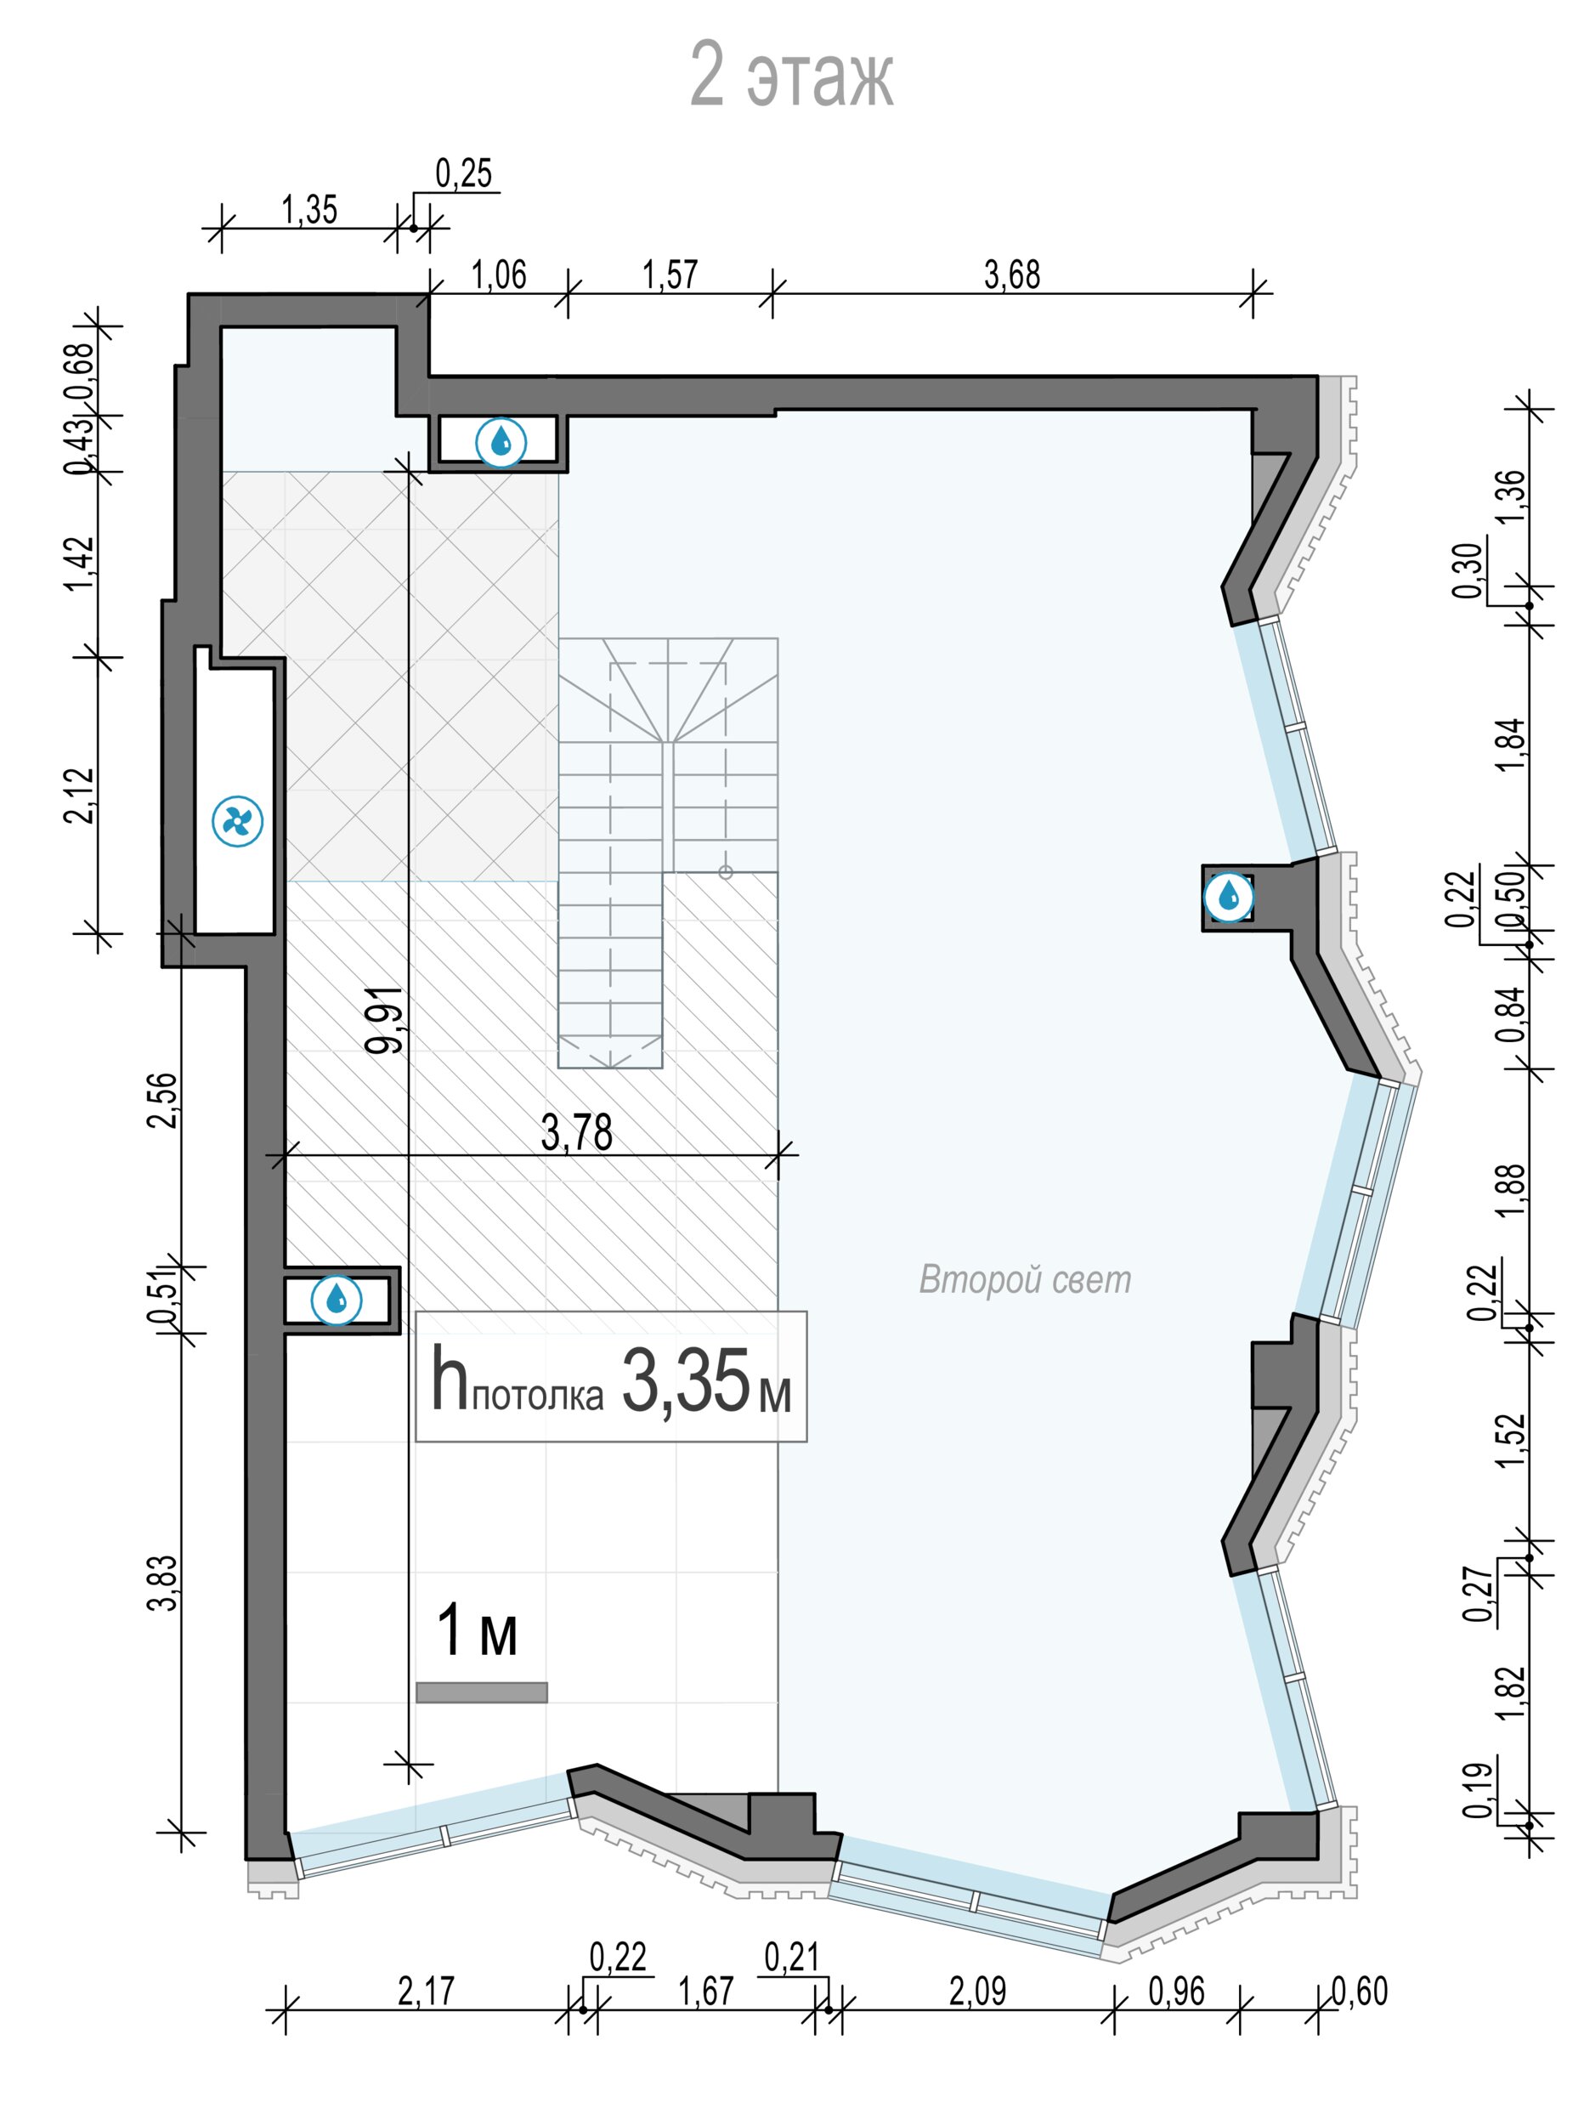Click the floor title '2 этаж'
pos(791,76)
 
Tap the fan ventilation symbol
pos(237,822)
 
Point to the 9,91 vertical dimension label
pos(386,1020)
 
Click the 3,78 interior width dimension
pos(576,1132)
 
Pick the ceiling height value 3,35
pos(686,1382)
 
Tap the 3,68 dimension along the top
pos(1011,275)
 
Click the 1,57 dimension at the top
pos(670,275)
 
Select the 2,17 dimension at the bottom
pos(426,1992)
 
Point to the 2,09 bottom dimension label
pos(977,1992)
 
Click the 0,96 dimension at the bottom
pos(1176,1992)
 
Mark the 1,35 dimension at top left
pos(308,209)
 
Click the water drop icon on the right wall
pos(1228,898)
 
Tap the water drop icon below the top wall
pos(501,442)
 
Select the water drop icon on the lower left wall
pos(337,1300)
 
